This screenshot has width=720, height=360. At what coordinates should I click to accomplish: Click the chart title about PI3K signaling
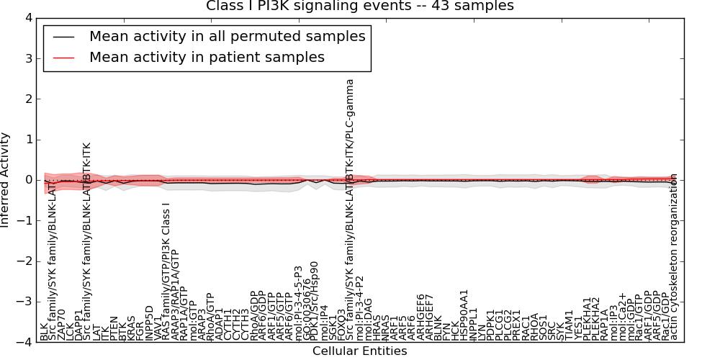360,6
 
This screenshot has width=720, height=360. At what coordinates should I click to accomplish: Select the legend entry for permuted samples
227,36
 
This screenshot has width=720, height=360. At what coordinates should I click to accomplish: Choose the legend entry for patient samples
207,57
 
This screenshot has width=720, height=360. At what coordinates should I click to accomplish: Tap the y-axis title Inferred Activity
6,180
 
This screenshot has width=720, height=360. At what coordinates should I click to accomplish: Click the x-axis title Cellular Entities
359,351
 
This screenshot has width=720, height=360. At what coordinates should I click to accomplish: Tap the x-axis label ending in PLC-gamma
351,210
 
